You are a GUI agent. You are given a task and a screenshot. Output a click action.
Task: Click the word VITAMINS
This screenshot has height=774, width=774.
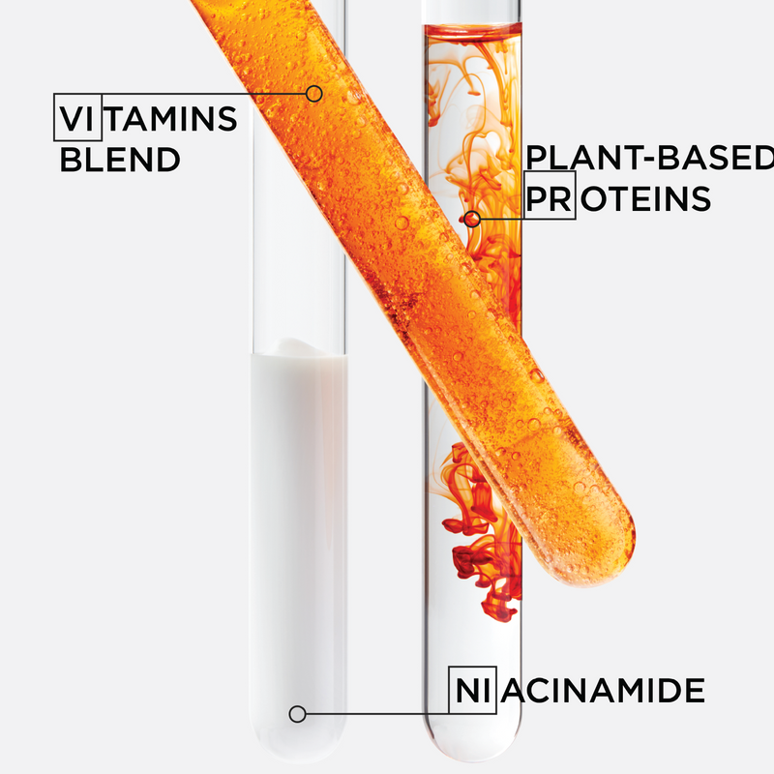(148, 118)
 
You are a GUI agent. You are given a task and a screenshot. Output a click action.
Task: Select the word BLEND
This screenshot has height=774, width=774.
(120, 160)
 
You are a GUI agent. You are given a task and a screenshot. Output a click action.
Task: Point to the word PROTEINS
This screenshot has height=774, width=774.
(618, 198)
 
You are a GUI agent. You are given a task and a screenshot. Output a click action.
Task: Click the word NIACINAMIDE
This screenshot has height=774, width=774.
(580, 690)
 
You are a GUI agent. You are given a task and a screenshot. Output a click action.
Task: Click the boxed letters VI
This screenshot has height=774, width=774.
(78, 117)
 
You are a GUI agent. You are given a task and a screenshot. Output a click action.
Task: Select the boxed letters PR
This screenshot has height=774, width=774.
(550, 195)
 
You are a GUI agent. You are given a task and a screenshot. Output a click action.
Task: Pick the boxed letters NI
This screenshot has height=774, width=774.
(472, 690)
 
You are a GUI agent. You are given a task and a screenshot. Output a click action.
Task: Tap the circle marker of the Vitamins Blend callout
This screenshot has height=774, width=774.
(313, 93)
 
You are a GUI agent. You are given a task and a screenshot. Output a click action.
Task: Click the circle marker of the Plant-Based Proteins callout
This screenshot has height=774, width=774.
(472, 219)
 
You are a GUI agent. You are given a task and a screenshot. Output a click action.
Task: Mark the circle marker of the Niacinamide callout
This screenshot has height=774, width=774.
(297, 714)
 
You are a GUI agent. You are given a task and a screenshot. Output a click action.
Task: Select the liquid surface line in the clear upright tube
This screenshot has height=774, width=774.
(472, 26)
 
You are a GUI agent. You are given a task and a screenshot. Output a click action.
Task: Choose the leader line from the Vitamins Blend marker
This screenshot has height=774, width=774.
(204, 93)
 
